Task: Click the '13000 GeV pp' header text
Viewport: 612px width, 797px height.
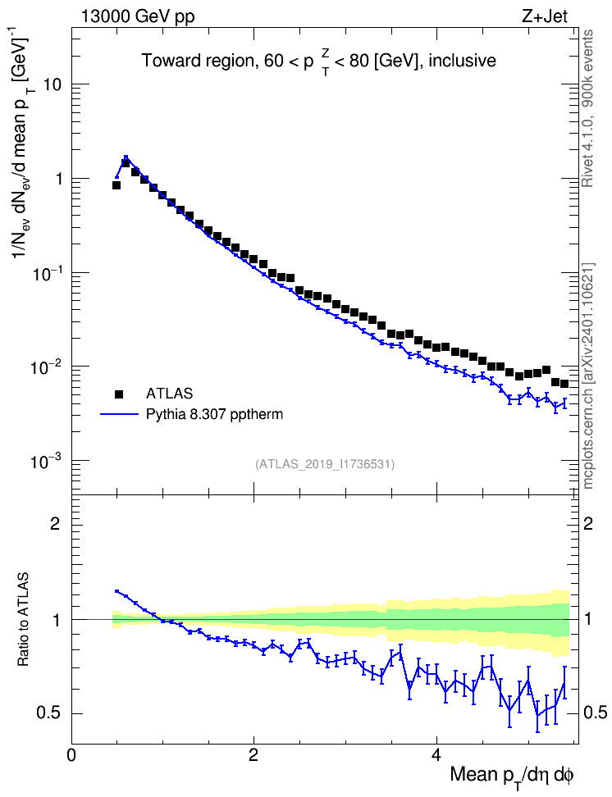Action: (x=138, y=16)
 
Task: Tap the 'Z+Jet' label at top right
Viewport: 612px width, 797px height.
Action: (x=545, y=16)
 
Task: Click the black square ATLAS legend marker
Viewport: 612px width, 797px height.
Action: (x=119, y=394)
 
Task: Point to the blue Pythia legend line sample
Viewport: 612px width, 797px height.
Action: (x=119, y=415)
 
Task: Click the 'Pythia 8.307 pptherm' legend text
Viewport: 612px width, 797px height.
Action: (x=214, y=415)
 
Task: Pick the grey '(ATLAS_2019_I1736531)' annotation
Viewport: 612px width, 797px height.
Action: (x=325, y=464)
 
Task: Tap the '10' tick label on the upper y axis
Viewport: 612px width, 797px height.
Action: (x=53, y=84)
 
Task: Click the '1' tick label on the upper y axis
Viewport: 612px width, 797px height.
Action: (x=58, y=179)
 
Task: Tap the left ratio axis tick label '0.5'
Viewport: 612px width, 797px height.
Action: (x=49, y=713)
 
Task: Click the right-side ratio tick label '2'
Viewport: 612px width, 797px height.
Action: (x=588, y=523)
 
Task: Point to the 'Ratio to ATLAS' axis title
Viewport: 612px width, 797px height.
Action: (x=23, y=620)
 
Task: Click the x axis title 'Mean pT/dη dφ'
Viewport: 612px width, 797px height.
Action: (x=512, y=777)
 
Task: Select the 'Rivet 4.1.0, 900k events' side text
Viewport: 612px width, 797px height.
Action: (x=588, y=108)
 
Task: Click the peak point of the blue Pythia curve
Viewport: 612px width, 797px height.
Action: (x=126, y=157)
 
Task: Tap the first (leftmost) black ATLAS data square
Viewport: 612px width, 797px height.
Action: (x=116, y=185)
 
